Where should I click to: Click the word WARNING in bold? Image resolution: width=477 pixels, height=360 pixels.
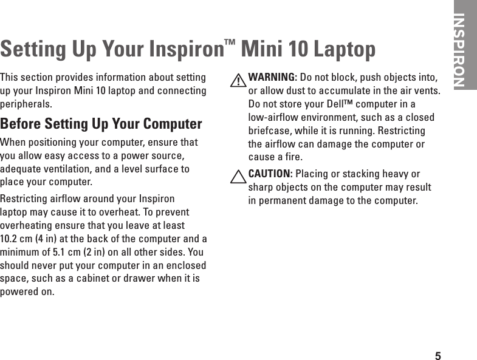[272, 78]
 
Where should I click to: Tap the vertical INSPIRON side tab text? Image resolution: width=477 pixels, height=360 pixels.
[460, 49]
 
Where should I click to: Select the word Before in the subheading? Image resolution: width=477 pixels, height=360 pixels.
[22, 124]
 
